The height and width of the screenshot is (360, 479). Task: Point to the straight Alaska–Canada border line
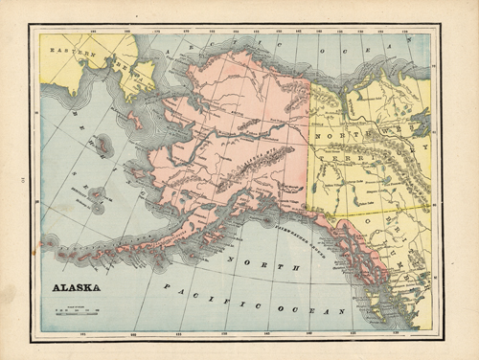click(x=311, y=144)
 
